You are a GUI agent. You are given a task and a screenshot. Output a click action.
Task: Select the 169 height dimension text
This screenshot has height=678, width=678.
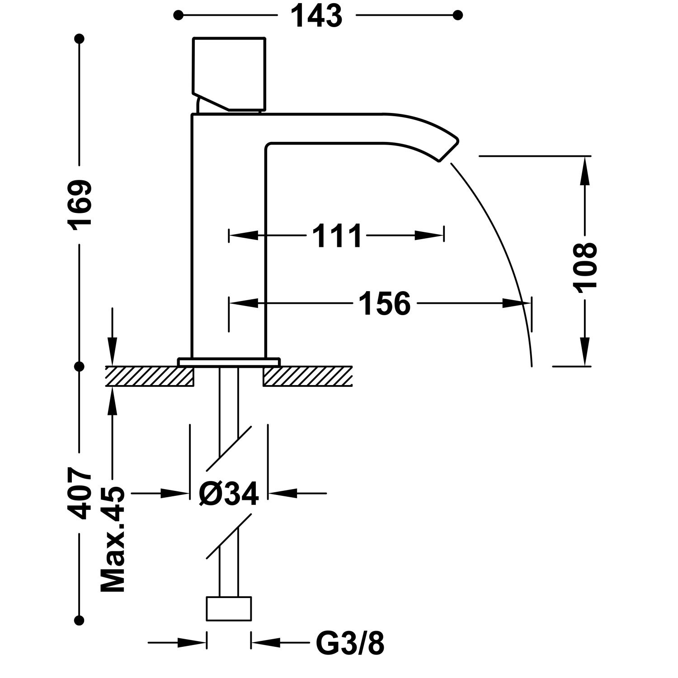point(80,203)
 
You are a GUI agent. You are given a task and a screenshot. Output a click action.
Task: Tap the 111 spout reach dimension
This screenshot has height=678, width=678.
point(337,236)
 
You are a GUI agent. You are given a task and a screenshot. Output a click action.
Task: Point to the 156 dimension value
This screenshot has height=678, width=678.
point(384,303)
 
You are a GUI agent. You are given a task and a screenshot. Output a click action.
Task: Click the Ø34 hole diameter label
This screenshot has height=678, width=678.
point(229,493)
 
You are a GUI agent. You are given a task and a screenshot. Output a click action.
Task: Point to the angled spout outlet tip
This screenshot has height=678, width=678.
point(447,147)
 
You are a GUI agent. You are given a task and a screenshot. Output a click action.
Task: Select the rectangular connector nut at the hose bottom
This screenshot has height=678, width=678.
point(229,608)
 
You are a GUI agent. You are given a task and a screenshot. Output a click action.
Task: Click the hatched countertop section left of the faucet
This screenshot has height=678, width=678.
point(150,376)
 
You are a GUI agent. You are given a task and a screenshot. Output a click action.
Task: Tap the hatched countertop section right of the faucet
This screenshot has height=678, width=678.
point(307,376)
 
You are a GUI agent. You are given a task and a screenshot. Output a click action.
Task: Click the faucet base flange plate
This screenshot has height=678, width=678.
point(229,362)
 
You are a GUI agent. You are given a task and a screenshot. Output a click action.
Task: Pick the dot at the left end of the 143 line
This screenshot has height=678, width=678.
point(179,15)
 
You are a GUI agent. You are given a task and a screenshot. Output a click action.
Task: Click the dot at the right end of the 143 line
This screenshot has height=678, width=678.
point(457,15)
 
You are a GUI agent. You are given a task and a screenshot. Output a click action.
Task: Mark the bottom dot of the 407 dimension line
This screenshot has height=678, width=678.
point(80,620)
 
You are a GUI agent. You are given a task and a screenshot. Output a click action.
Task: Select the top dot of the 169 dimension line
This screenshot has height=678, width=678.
point(80,39)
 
